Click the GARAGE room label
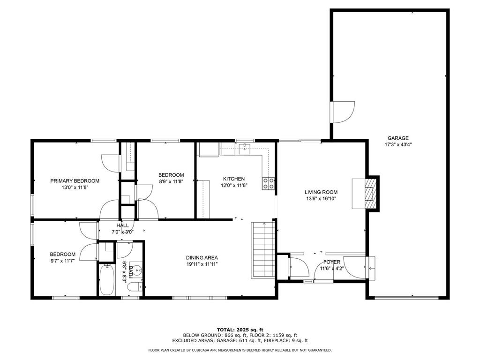pos(398,138)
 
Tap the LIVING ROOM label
pos(321,192)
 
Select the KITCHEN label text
pos(234,179)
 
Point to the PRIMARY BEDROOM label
pos(75,181)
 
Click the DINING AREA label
pos(202,258)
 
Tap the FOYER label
pos(332,262)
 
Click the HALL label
pos(122,225)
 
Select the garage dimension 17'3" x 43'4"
pos(398,144)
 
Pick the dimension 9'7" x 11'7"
pos(62,261)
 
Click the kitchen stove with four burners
pos(269,183)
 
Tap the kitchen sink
pos(245,148)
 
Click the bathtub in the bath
pos(107,280)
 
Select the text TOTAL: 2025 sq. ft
pos(240,330)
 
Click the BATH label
pos(131,272)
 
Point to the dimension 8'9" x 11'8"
pos(171,181)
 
